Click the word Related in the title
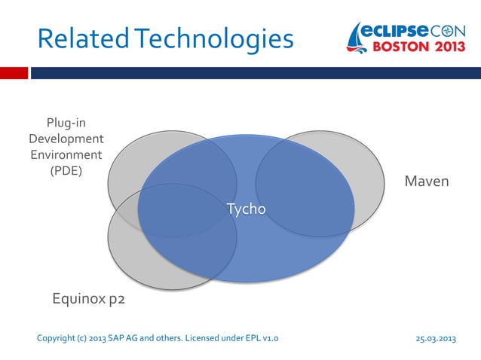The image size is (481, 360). (x=75, y=38)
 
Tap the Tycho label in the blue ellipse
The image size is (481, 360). (x=247, y=209)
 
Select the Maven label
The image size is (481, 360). (x=427, y=182)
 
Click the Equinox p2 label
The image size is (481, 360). (x=87, y=300)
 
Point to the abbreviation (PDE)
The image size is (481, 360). (x=66, y=170)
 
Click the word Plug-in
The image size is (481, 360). (x=66, y=123)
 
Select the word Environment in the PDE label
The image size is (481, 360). (x=66, y=154)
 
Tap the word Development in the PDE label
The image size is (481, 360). (x=66, y=139)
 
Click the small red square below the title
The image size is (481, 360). (x=14, y=73)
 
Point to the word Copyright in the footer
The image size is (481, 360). (x=55, y=338)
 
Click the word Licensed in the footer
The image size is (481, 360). (x=199, y=338)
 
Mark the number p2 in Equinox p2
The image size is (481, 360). (x=115, y=300)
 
